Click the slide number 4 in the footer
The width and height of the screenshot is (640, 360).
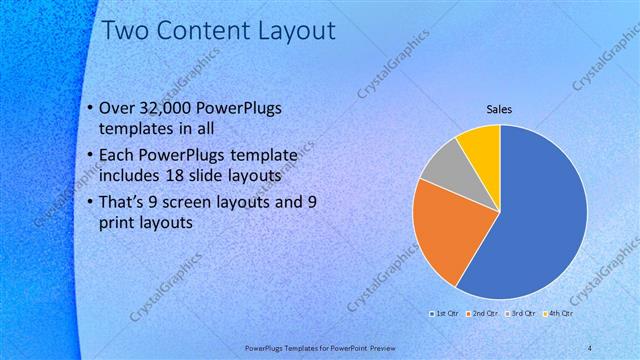coord(591,347)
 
